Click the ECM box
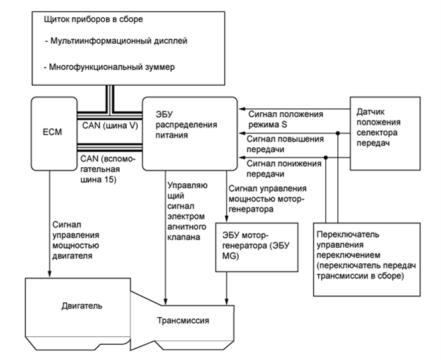pos(52,135)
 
